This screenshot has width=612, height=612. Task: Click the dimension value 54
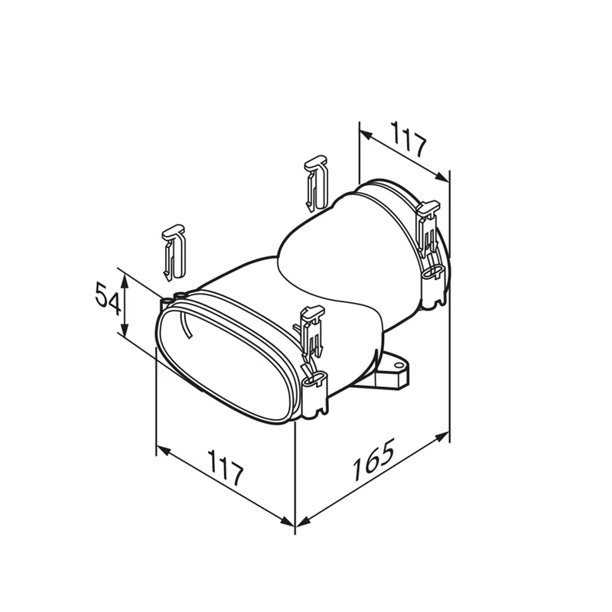click(x=108, y=299)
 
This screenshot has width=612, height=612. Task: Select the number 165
click(x=373, y=460)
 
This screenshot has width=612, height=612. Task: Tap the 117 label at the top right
click(x=409, y=139)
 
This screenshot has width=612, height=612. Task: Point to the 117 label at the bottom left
click(x=226, y=467)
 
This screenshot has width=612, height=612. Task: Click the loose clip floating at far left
click(x=174, y=252)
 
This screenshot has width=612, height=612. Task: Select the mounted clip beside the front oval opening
click(x=311, y=332)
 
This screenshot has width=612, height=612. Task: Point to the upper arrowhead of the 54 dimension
click(x=124, y=279)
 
